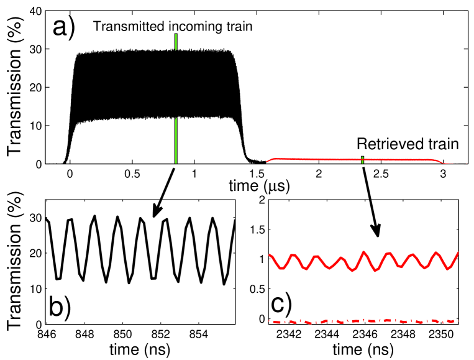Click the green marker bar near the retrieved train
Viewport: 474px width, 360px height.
362,160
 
